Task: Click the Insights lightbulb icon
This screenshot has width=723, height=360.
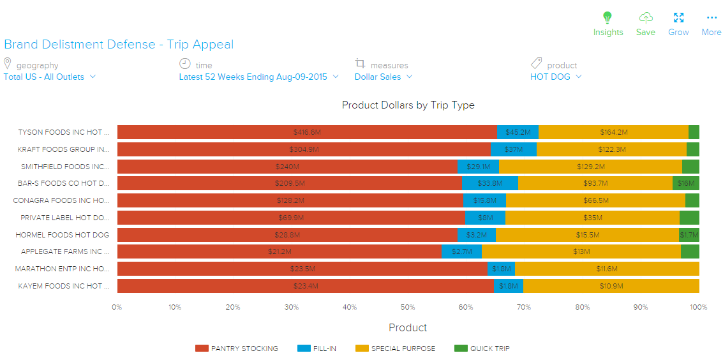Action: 607,18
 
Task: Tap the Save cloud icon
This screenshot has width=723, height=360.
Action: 646,18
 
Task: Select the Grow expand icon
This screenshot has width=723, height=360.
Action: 678,18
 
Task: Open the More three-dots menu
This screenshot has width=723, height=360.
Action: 712,18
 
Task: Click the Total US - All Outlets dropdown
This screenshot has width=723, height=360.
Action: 50,77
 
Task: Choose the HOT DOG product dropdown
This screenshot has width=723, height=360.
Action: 556,77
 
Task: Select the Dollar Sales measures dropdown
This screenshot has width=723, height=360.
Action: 384,77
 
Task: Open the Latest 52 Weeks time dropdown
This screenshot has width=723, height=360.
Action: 258,77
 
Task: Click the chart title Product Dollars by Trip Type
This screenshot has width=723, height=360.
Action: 408,105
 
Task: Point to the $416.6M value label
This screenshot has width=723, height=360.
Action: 307,132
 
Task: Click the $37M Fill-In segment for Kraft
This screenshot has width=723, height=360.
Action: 513,149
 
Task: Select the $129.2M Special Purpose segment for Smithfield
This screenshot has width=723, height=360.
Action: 590,167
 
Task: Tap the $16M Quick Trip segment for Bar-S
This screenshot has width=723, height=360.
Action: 686,183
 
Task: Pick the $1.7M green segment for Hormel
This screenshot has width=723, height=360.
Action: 689,235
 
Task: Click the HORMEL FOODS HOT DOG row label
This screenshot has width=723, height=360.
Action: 63,235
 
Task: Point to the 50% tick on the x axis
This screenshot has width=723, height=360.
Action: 408,307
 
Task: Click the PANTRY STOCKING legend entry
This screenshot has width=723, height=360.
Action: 237,349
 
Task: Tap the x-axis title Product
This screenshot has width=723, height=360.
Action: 408,327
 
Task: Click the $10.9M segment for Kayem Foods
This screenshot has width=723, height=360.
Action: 611,286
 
